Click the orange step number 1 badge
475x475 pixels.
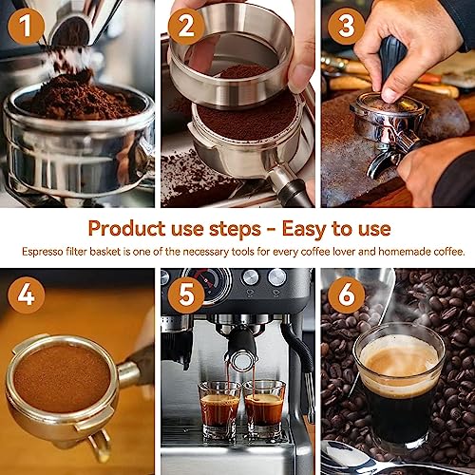coord(26,27)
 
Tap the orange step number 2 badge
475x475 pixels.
coord(186,27)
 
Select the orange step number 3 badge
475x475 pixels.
coord(347,27)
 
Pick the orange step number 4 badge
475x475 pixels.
coord(26,295)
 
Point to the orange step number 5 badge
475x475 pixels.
coord(186,295)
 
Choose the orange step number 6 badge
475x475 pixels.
coord(347,295)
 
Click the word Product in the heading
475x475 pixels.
coord(125,228)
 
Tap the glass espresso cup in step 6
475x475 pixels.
coord(399,380)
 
